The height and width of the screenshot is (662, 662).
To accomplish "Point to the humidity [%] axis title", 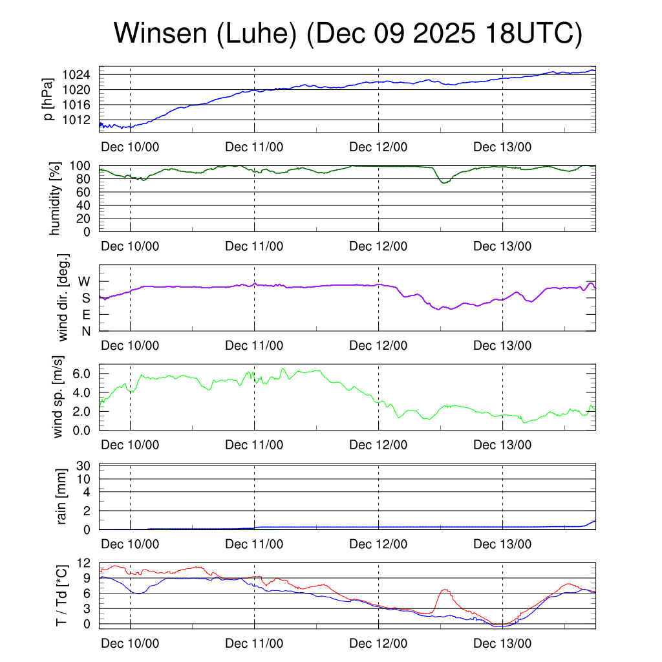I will coord(56,198).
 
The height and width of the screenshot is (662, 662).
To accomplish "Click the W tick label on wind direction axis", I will coord(85,282).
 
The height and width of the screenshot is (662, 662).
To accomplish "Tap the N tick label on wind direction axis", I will coord(85,331).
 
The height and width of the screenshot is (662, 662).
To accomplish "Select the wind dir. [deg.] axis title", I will coord(63,298).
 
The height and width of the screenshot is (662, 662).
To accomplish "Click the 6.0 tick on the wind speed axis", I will coord(84,374).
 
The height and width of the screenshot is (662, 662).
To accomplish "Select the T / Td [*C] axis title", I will coord(61,595).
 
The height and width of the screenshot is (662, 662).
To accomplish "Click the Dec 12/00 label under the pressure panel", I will coord(378,147).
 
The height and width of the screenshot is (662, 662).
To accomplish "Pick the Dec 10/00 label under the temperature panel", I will coord(130,643).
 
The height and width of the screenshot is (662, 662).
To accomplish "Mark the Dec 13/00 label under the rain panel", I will coord(502,544).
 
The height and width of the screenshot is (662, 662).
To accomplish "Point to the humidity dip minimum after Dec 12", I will coord(443,183).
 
